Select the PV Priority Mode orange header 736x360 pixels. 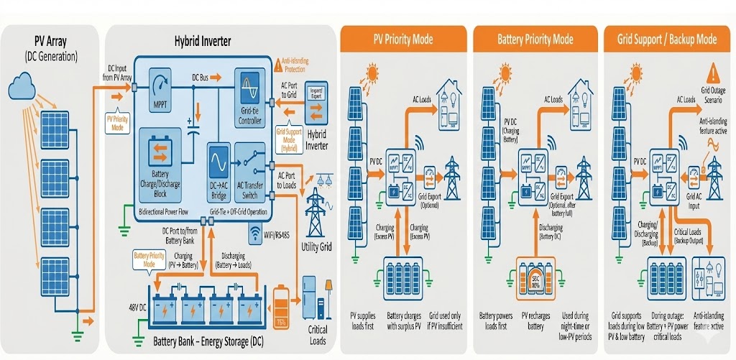403,39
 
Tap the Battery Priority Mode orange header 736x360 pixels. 535,39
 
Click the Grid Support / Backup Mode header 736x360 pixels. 666,39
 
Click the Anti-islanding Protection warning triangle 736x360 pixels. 278,65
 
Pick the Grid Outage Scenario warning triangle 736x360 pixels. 713,73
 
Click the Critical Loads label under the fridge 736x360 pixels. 318,335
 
